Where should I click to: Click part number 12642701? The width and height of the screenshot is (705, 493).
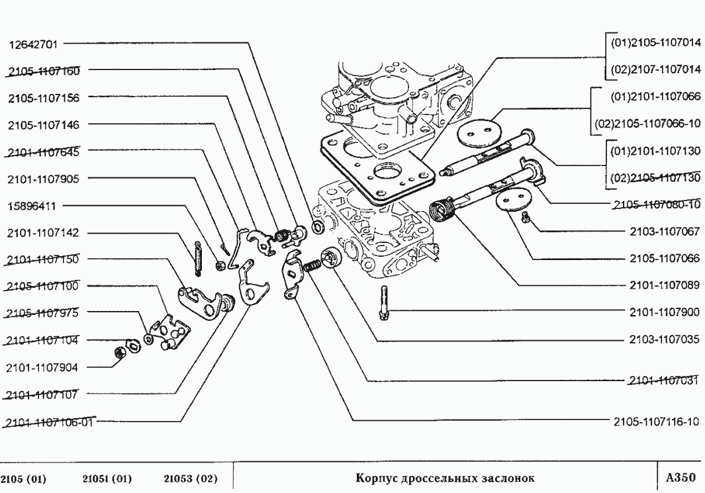coord(33,45)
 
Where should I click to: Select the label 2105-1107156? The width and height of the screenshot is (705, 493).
coord(44,98)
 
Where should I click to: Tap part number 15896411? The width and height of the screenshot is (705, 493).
coord(32,206)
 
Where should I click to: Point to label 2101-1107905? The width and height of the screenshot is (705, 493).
coord(44,179)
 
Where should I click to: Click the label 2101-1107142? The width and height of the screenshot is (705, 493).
coord(44,233)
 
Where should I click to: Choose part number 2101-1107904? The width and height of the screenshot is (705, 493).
coord(44,367)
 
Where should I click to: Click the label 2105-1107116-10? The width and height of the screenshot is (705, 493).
coord(656,422)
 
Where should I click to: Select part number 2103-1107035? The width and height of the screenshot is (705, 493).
coord(664,340)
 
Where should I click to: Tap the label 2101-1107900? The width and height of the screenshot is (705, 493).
coord(664,311)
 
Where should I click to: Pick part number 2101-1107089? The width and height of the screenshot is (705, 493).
coord(664,285)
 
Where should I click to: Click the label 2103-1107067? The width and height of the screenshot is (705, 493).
coord(664,232)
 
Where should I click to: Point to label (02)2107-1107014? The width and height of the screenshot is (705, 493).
coord(655,69)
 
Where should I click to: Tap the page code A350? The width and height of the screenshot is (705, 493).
coord(680,477)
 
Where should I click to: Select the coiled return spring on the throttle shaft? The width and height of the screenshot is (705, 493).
coord(442,211)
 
